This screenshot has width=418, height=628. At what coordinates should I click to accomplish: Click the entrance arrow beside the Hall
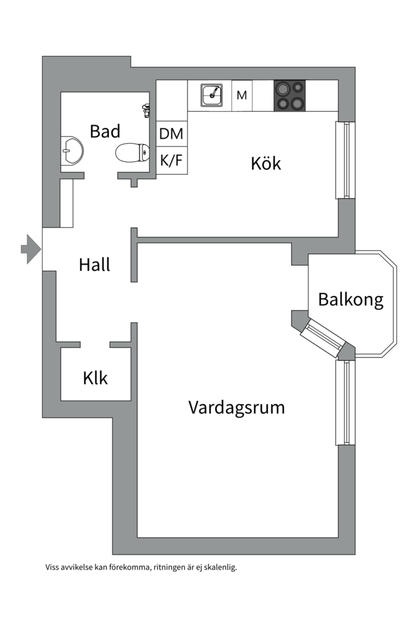pos(31,249)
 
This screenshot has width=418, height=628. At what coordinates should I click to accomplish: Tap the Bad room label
pos(105,131)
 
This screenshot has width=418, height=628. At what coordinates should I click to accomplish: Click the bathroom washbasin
pos(72,151)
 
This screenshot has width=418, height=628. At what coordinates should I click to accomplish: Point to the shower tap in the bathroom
pos(146,109)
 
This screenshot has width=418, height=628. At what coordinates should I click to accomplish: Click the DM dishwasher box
pos(171,134)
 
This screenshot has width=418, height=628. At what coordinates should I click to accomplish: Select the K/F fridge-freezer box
pos(171,161)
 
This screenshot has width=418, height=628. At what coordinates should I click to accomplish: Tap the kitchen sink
pos(212,95)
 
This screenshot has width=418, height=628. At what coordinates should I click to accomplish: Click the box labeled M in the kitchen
pos(242,95)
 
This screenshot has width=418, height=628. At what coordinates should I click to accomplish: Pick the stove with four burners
pos(289,95)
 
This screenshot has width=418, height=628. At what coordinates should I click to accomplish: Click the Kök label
pos(265,163)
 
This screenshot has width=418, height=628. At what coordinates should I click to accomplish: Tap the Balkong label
pos(351,300)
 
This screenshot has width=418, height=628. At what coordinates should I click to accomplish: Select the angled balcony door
pos(320,338)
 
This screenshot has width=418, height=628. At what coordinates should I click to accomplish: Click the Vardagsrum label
pos(236,408)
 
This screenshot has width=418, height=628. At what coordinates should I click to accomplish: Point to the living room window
pos(345,402)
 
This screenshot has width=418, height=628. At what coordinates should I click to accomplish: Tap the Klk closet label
pos(95,379)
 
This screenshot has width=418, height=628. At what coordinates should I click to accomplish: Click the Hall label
pos(95,265)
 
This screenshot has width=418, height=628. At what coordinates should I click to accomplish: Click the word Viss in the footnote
pos(52,568)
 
